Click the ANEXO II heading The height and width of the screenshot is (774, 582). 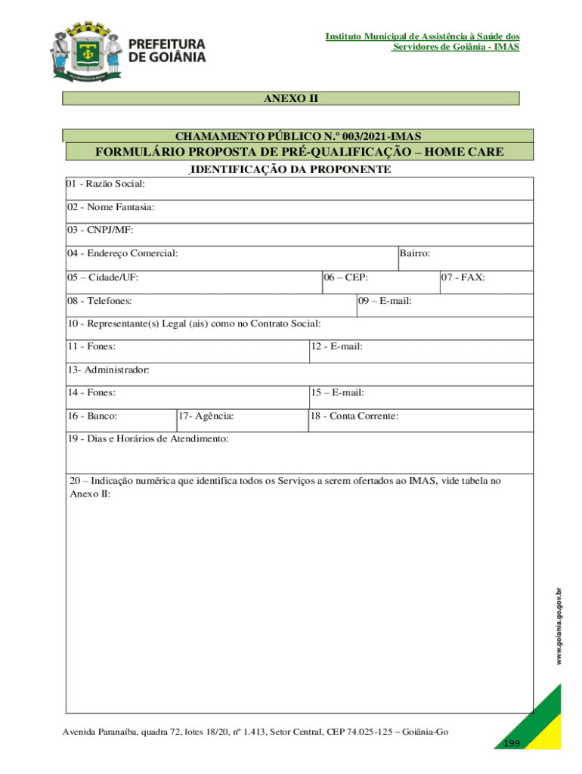(x=290, y=98)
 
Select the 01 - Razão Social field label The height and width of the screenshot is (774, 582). (x=106, y=184)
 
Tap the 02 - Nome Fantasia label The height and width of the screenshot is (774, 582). (x=111, y=206)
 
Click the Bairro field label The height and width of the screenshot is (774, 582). (x=416, y=253)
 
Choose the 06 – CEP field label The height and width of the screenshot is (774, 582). (x=346, y=277)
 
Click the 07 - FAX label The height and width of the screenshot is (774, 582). (x=464, y=277)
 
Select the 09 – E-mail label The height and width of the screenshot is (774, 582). (x=385, y=301)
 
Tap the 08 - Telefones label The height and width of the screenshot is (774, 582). (x=100, y=301)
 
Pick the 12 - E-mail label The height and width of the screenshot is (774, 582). (x=337, y=346)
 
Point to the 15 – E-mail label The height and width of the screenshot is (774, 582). (x=338, y=392)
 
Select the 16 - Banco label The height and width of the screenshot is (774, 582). (x=92, y=416)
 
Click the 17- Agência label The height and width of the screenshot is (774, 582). (x=206, y=416)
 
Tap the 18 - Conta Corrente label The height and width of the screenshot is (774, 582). (x=354, y=416)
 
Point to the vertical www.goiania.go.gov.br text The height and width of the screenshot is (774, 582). (x=559, y=627)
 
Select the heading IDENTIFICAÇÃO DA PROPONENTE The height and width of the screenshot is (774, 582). (x=290, y=169)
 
